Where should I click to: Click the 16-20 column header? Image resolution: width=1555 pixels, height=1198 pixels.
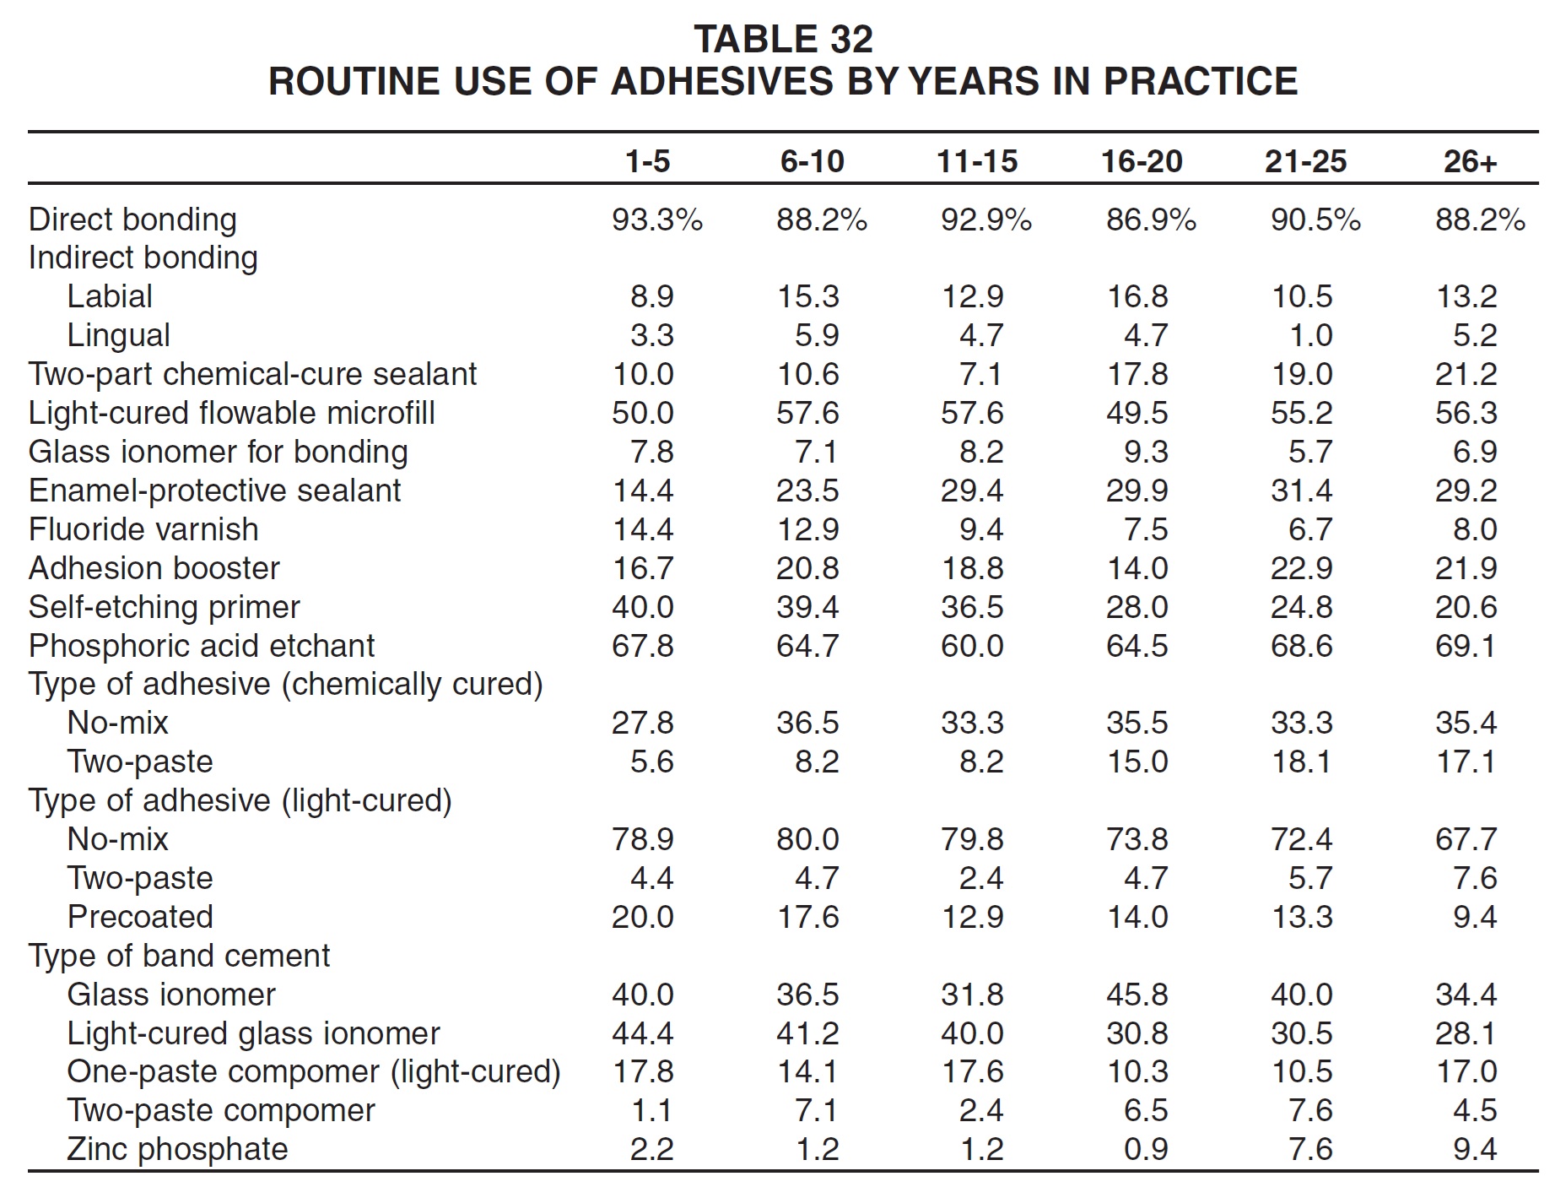pos(1142,161)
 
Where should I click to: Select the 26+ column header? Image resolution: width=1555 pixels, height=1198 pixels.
pos(1470,161)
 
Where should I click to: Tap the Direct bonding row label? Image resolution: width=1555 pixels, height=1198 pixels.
pos(132,220)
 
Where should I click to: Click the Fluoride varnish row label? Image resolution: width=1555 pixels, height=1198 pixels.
pos(143,529)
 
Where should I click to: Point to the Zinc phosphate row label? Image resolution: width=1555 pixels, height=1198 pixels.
pos(177,1149)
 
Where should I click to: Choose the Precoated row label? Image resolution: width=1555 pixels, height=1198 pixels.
pos(140,917)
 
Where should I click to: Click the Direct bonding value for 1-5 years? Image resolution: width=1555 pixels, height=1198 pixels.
pos(657,220)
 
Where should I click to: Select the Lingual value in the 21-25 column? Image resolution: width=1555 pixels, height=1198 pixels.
pos(1310,335)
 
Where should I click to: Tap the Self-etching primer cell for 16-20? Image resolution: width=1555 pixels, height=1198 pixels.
pos(1137,607)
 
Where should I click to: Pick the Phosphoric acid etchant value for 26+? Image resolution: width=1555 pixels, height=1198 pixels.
pos(1466,646)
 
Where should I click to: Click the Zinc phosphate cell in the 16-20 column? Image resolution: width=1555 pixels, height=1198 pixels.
pos(1146,1149)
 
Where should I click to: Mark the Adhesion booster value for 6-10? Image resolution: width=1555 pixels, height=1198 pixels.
pos(807,568)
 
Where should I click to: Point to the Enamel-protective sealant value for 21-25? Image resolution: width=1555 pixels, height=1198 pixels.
pos(1302,491)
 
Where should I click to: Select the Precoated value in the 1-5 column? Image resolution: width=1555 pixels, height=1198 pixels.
pos(643,917)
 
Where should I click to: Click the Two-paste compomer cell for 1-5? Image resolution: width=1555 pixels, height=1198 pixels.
pos(652,1110)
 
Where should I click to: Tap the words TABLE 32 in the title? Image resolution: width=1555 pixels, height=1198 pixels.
pos(783,39)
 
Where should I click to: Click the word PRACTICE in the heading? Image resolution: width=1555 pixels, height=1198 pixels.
pos(1201,81)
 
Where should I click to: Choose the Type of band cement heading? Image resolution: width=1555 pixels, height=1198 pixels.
pos(179,956)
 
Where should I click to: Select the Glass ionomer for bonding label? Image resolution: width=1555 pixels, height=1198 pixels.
pos(219,452)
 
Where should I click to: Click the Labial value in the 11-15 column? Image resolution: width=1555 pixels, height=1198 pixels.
pos(972,296)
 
